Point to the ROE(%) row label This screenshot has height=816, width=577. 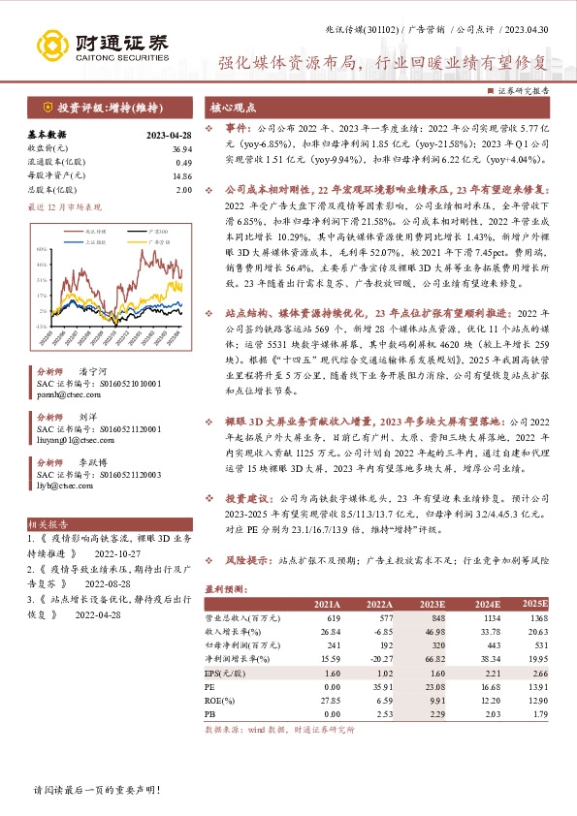coord(221,700)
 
